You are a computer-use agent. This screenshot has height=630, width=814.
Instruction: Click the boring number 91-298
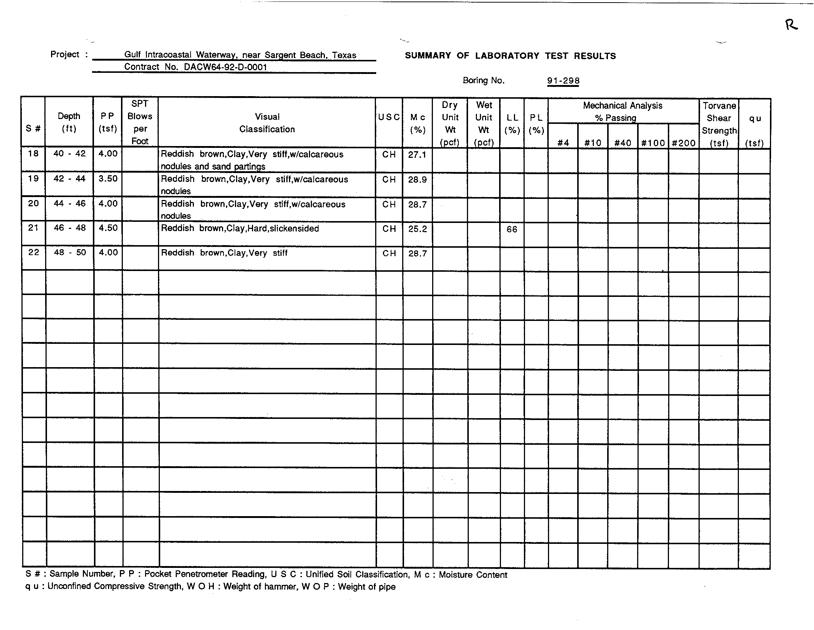(x=563, y=81)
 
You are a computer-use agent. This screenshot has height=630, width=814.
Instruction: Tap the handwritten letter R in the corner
(x=791, y=25)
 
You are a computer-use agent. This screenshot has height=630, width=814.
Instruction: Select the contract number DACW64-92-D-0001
(x=225, y=67)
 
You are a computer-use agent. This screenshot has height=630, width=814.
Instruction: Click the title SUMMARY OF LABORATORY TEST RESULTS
(x=510, y=56)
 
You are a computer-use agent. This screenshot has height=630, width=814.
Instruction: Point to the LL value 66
(x=512, y=229)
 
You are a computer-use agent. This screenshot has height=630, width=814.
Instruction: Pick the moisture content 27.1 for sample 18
(x=417, y=155)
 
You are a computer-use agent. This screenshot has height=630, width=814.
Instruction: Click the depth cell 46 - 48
(x=70, y=228)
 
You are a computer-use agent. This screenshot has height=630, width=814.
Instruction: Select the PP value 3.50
(x=108, y=179)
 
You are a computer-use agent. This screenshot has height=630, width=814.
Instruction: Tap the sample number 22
(x=34, y=253)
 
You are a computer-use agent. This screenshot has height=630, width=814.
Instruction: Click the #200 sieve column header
(x=683, y=143)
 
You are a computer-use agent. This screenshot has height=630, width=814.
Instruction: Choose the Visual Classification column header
(x=267, y=123)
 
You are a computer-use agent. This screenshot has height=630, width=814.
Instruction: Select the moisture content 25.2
(x=417, y=229)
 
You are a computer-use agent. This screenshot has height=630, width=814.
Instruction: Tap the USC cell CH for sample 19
(x=389, y=179)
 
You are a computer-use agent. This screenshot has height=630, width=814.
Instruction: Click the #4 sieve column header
(x=563, y=143)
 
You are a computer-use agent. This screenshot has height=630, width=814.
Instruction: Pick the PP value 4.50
(x=108, y=228)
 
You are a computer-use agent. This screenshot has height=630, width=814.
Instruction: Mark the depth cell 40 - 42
(x=69, y=153)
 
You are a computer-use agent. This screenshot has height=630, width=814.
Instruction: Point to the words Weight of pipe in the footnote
(x=367, y=587)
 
